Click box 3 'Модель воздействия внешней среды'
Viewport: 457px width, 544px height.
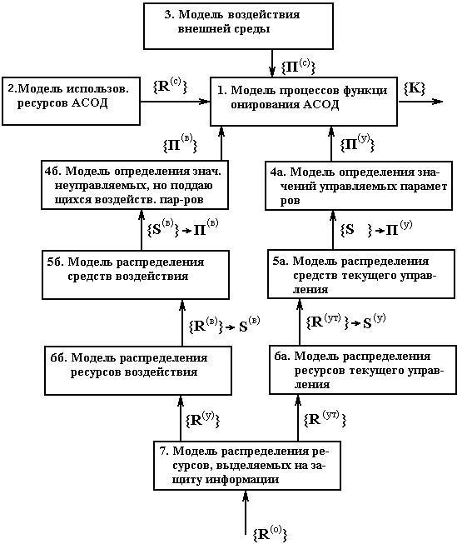(x=239, y=26)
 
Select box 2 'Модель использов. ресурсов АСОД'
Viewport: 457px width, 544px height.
(x=71, y=101)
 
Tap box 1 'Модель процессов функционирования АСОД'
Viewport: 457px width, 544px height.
(x=304, y=101)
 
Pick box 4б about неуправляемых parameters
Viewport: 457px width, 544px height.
(x=135, y=185)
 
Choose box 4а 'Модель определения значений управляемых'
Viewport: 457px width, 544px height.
(x=359, y=186)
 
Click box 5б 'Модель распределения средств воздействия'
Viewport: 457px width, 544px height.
(x=136, y=275)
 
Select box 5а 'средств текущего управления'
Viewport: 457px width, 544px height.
(x=361, y=274)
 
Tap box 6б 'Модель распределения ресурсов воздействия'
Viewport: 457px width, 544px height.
(x=138, y=371)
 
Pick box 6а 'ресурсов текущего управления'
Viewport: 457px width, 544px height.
(x=363, y=370)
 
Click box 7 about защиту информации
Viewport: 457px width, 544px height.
(x=247, y=465)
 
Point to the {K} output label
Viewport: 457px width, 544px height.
(x=415, y=88)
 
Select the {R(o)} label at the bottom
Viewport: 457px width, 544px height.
(x=270, y=534)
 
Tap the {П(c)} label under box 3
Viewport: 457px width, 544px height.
(x=298, y=67)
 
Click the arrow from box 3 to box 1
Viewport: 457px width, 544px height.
(x=272, y=63)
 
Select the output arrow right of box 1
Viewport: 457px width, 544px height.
(x=420, y=102)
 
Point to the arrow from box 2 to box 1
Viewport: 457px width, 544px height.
(x=175, y=102)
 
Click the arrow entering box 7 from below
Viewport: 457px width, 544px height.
(x=246, y=512)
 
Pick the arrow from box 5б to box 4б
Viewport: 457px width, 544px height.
(x=142, y=230)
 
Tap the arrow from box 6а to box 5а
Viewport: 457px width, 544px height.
(x=300, y=322)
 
